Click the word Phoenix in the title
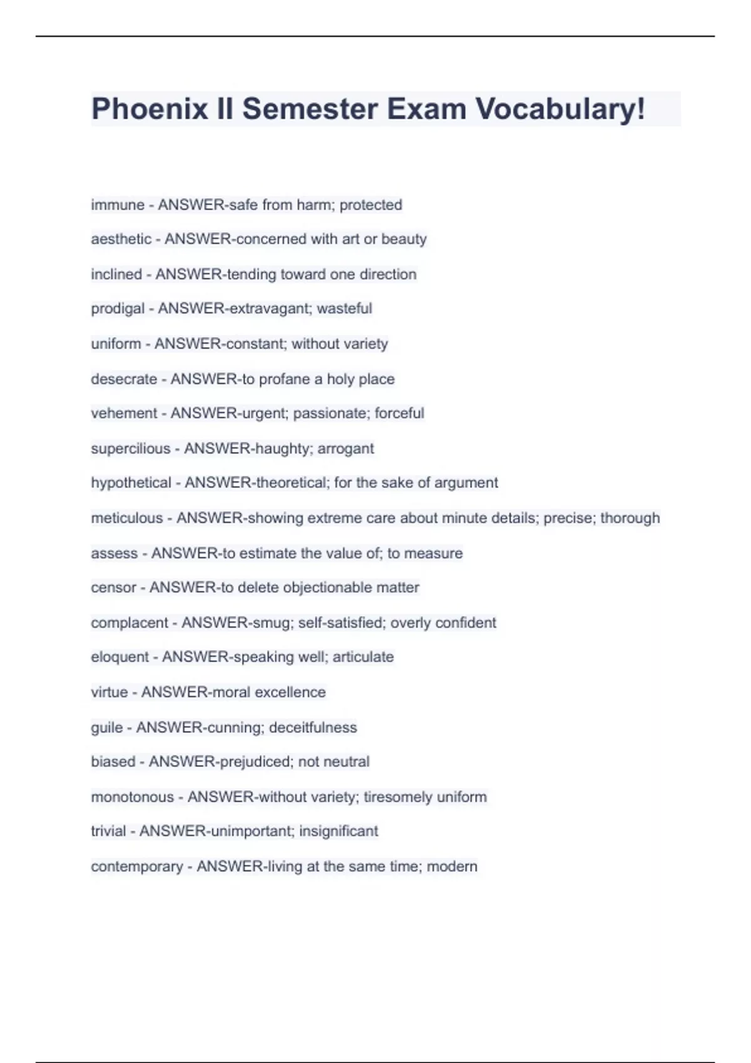(x=150, y=109)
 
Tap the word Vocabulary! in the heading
(x=560, y=109)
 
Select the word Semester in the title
(x=310, y=109)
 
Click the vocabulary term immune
(x=118, y=205)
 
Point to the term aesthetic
(x=121, y=239)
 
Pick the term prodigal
(x=118, y=309)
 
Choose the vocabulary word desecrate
(x=124, y=379)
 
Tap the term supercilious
(x=130, y=448)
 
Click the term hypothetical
(x=131, y=483)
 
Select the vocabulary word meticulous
(x=126, y=518)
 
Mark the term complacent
(x=130, y=623)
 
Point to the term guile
(x=107, y=728)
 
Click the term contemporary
(x=137, y=867)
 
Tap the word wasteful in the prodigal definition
(x=344, y=309)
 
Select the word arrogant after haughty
(x=345, y=448)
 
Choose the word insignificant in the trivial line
(x=339, y=832)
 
